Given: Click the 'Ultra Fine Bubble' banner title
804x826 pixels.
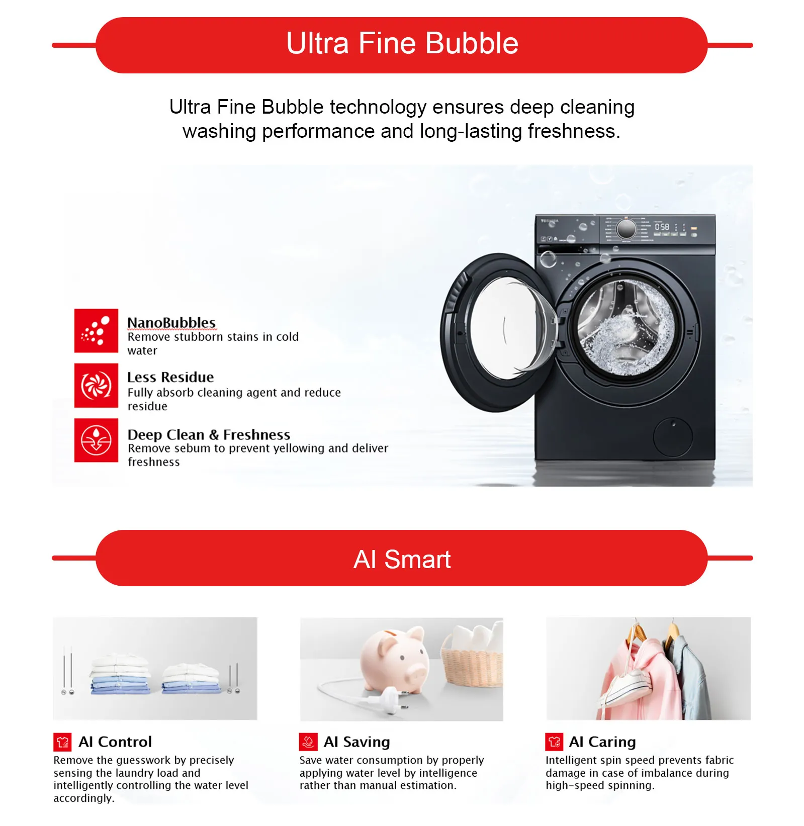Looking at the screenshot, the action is coord(402,43).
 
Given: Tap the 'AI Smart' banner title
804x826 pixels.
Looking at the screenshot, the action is coord(402,559).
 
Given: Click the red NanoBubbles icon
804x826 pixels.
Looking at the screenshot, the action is coord(96,331).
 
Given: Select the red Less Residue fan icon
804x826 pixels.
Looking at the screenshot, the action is coord(96,386).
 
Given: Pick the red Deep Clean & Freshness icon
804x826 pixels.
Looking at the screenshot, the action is coord(96,440).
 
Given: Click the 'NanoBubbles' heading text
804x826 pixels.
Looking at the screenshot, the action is coord(171,322).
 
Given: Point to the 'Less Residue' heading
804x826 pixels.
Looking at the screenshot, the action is coord(170,377).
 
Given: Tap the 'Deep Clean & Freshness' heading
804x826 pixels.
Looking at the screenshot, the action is coord(209,434).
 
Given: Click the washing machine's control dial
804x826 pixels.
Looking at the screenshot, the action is coord(626,229).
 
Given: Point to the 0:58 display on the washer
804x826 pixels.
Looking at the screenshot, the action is coord(662,227).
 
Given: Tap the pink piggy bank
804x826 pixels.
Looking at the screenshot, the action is coord(396,659).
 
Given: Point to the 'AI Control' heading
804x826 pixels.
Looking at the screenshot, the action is coord(115,742).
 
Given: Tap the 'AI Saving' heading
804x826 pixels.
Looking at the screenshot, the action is coord(357,742).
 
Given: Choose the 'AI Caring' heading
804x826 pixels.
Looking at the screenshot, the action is coord(602,742).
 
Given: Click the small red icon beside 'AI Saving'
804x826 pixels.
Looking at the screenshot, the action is coord(308,742).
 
